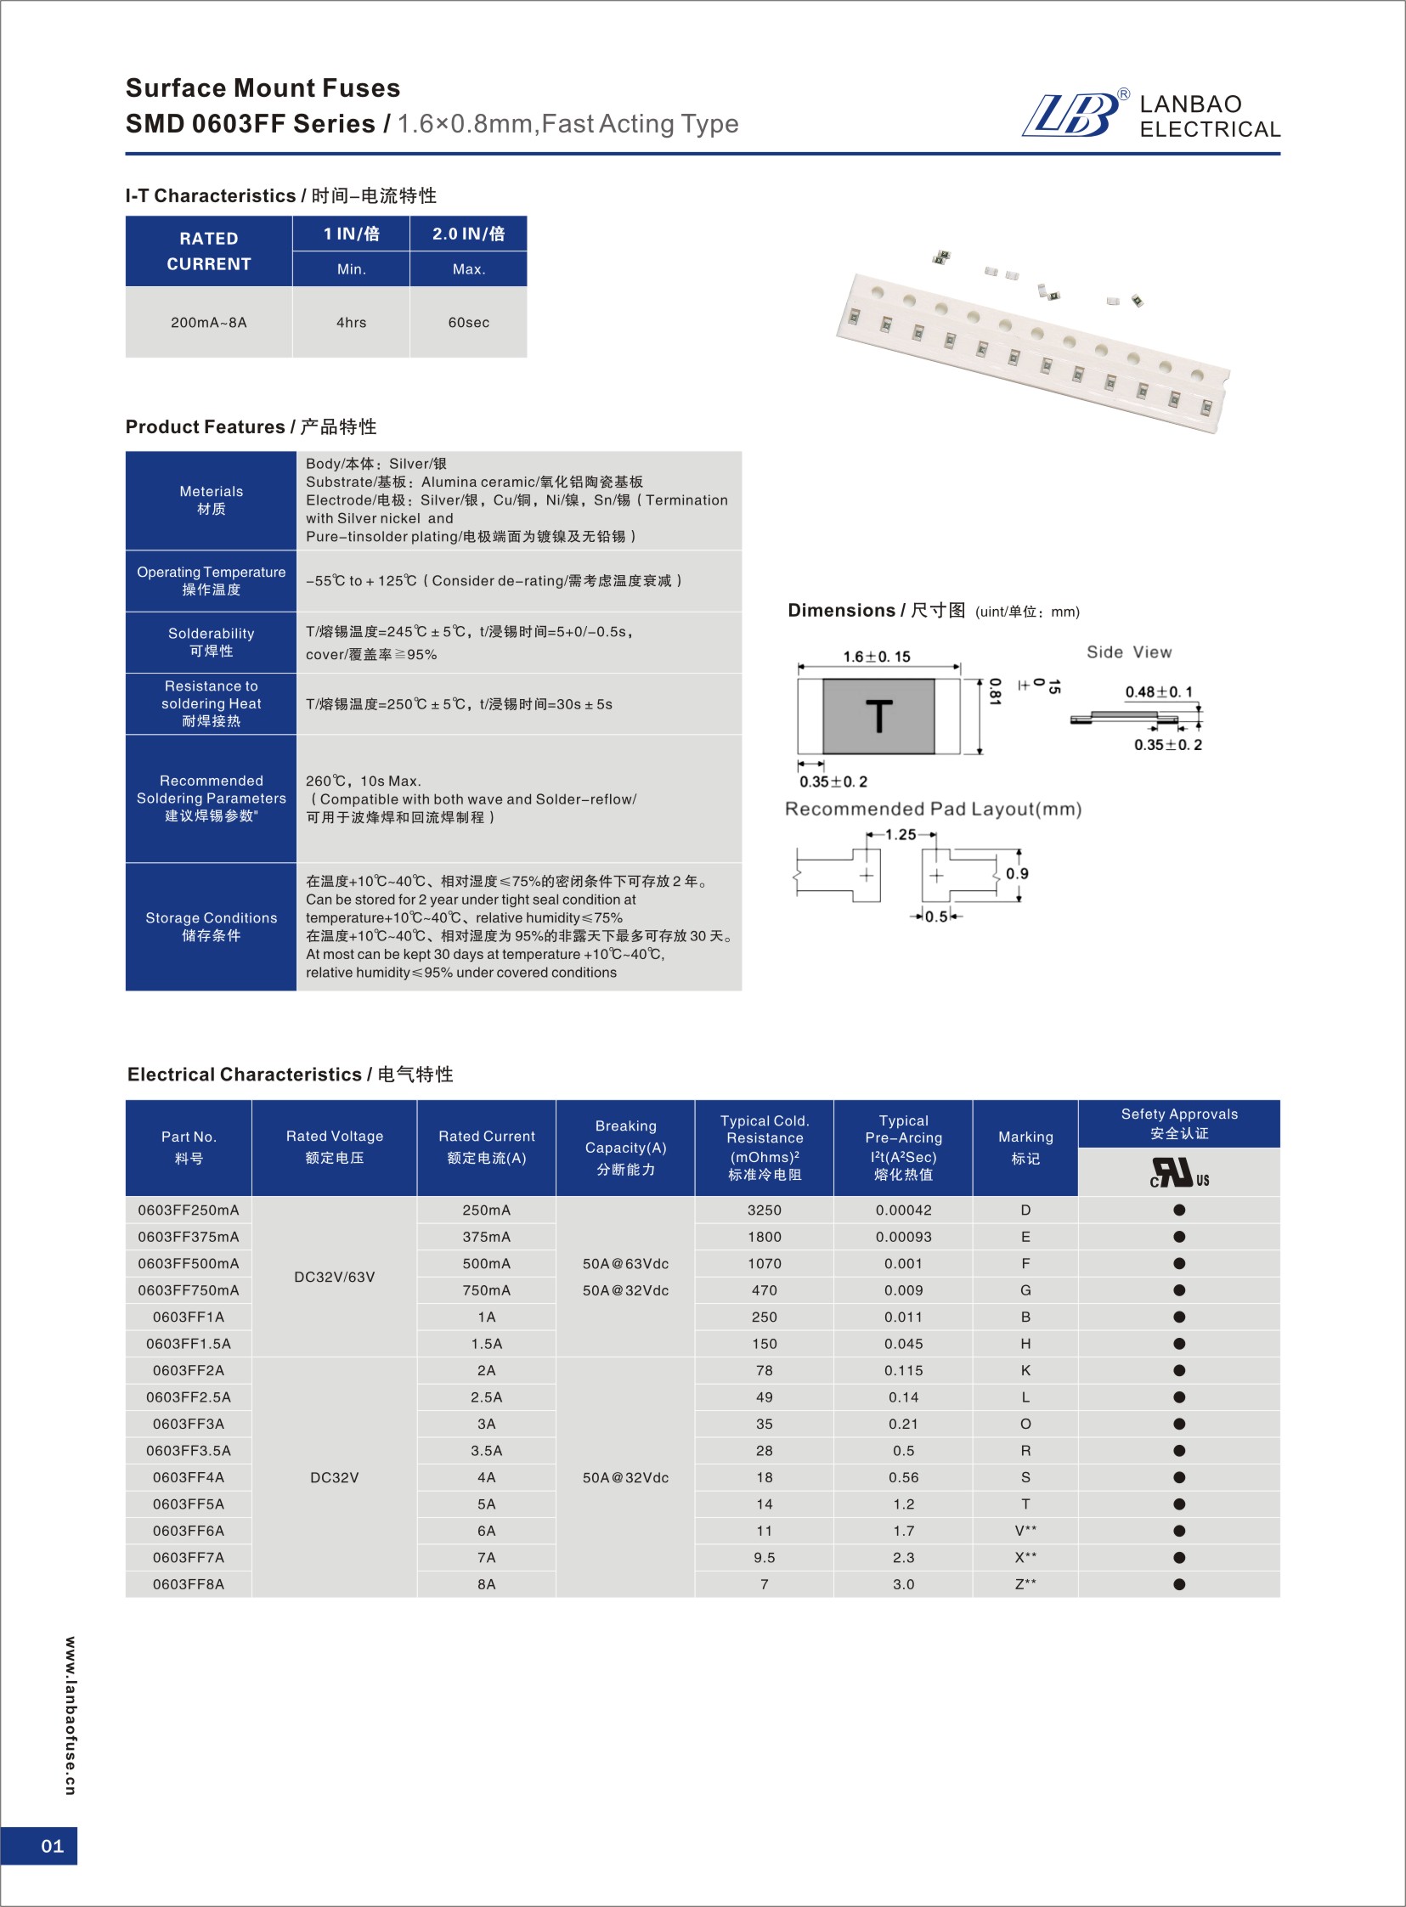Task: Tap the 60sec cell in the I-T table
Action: (468, 323)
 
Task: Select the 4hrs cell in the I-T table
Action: (351, 323)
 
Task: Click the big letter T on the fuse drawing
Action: (878, 717)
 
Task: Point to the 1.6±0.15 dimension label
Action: (876, 656)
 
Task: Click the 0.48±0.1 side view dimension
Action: (1158, 691)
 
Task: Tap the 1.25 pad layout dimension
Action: (901, 834)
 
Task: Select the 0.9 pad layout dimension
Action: (1016, 873)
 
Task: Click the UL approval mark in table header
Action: (1179, 1172)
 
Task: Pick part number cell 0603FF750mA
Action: (188, 1290)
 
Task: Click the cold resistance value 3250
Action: (764, 1210)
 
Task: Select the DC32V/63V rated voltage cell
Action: (334, 1277)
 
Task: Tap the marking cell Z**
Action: (1025, 1583)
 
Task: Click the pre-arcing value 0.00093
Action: (903, 1237)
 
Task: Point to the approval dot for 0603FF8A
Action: (1179, 1583)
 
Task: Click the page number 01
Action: (52, 1846)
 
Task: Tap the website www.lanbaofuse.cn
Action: (70, 1716)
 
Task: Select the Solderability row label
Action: (211, 641)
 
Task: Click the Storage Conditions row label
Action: (211, 926)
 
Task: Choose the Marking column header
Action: (1025, 1147)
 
